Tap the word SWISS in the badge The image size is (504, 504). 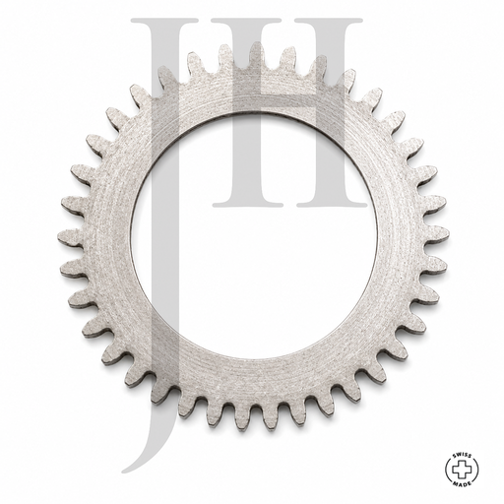[462, 455]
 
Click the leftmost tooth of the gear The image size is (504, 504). [70, 237]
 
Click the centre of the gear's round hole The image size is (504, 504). [254, 235]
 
